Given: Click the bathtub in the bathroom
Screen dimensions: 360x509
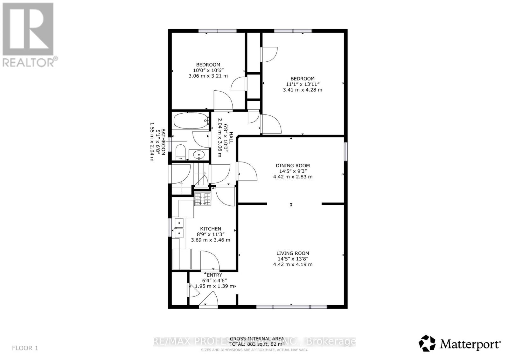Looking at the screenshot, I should pyautogui.click(x=190, y=120).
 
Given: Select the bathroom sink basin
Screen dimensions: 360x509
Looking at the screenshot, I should pyautogui.click(x=199, y=155).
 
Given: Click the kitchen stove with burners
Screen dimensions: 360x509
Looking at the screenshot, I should pyautogui.click(x=203, y=199).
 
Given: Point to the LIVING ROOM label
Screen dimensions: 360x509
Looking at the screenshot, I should pyautogui.click(x=293, y=253).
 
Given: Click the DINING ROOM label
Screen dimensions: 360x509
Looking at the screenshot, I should pyautogui.click(x=293, y=165).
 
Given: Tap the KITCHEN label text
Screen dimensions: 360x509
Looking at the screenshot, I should pyautogui.click(x=210, y=229).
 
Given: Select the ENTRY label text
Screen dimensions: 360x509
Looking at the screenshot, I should pyautogui.click(x=214, y=275).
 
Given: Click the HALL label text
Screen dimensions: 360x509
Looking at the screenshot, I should pyautogui.click(x=231, y=138).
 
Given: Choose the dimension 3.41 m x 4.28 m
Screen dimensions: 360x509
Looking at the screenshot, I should pyautogui.click(x=302, y=90).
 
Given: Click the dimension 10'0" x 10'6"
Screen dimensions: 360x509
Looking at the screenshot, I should pyautogui.click(x=208, y=70).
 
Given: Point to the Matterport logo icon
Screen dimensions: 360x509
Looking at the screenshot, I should pyautogui.click(x=427, y=343).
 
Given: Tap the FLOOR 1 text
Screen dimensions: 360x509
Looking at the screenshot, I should pyautogui.click(x=25, y=348).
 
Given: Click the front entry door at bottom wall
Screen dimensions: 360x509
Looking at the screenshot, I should pyautogui.click(x=208, y=301).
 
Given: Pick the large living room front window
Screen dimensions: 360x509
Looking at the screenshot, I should pyautogui.click(x=291, y=307).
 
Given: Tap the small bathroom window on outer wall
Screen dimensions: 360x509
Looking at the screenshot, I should pyautogui.click(x=170, y=144).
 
